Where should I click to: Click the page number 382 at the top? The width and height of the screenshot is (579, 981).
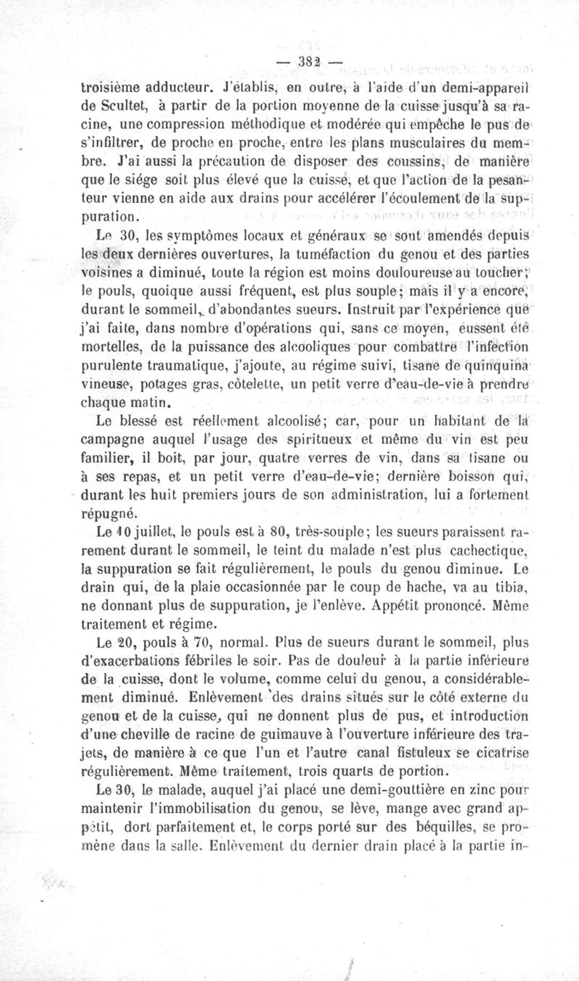click(x=310, y=63)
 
